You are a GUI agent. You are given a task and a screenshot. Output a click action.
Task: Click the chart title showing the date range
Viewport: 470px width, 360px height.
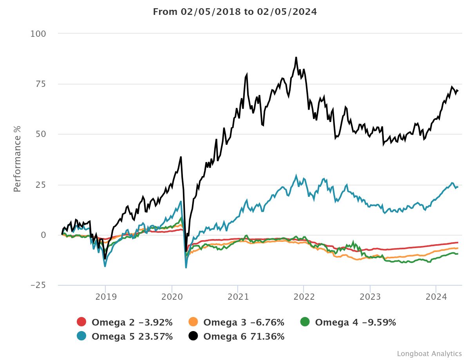pyautogui.click(x=235, y=12)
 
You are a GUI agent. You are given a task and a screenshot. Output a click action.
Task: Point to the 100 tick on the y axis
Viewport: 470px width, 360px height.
pyautogui.click(x=38, y=34)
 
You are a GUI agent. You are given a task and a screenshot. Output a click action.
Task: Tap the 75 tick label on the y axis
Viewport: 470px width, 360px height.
pyautogui.click(x=41, y=84)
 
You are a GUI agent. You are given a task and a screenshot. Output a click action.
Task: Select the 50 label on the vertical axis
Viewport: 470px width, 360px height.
pyautogui.click(x=41, y=134)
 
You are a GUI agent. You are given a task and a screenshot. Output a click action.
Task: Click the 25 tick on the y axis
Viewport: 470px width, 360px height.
pyautogui.click(x=41, y=185)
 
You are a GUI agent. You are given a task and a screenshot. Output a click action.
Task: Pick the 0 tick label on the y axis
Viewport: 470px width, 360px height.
pyautogui.click(x=43, y=235)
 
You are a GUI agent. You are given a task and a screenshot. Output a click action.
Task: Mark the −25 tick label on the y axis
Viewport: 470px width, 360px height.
pyautogui.click(x=38, y=285)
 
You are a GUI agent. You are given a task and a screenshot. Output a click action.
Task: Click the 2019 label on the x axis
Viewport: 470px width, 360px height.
pyautogui.click(x=105, y=297)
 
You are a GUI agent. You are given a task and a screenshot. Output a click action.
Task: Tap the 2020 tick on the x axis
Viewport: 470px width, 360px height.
pyautogui.click(x=172, y=297)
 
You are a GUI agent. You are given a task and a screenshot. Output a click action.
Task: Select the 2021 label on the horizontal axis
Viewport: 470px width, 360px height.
pyautogui.click(x=238, y=297)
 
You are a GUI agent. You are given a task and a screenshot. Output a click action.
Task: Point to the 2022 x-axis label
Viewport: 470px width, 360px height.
pyautogui.click(x=304, y=297)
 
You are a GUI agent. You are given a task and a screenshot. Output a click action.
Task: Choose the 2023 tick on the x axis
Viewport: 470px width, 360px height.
pyautogui.click(x=370, y=297)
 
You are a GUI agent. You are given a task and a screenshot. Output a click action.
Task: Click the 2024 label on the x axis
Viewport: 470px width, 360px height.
pyautogui.click(x=436, y=297)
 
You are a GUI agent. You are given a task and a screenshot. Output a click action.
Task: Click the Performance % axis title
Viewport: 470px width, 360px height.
pyautogui.click(x=17, y=159)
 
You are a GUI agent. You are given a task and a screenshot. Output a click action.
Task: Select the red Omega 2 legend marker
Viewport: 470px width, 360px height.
pyautogui.click(x=81, y=322)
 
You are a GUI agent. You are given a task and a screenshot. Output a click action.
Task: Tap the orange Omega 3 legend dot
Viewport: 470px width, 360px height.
pyautogui.click(x=193, y=322)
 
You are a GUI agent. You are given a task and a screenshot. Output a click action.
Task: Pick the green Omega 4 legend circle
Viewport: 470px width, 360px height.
pyautogui.click(x=305, y=322)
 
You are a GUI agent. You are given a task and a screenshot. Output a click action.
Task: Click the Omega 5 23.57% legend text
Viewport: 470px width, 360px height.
pyautogui.click(x=132, y=337)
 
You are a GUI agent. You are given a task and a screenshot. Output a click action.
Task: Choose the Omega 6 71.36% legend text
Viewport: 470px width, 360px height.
pyautogui.click(x=244, y=337)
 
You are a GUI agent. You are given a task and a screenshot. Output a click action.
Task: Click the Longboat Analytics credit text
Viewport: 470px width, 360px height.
pyautogui.click(x=429, y=354)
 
